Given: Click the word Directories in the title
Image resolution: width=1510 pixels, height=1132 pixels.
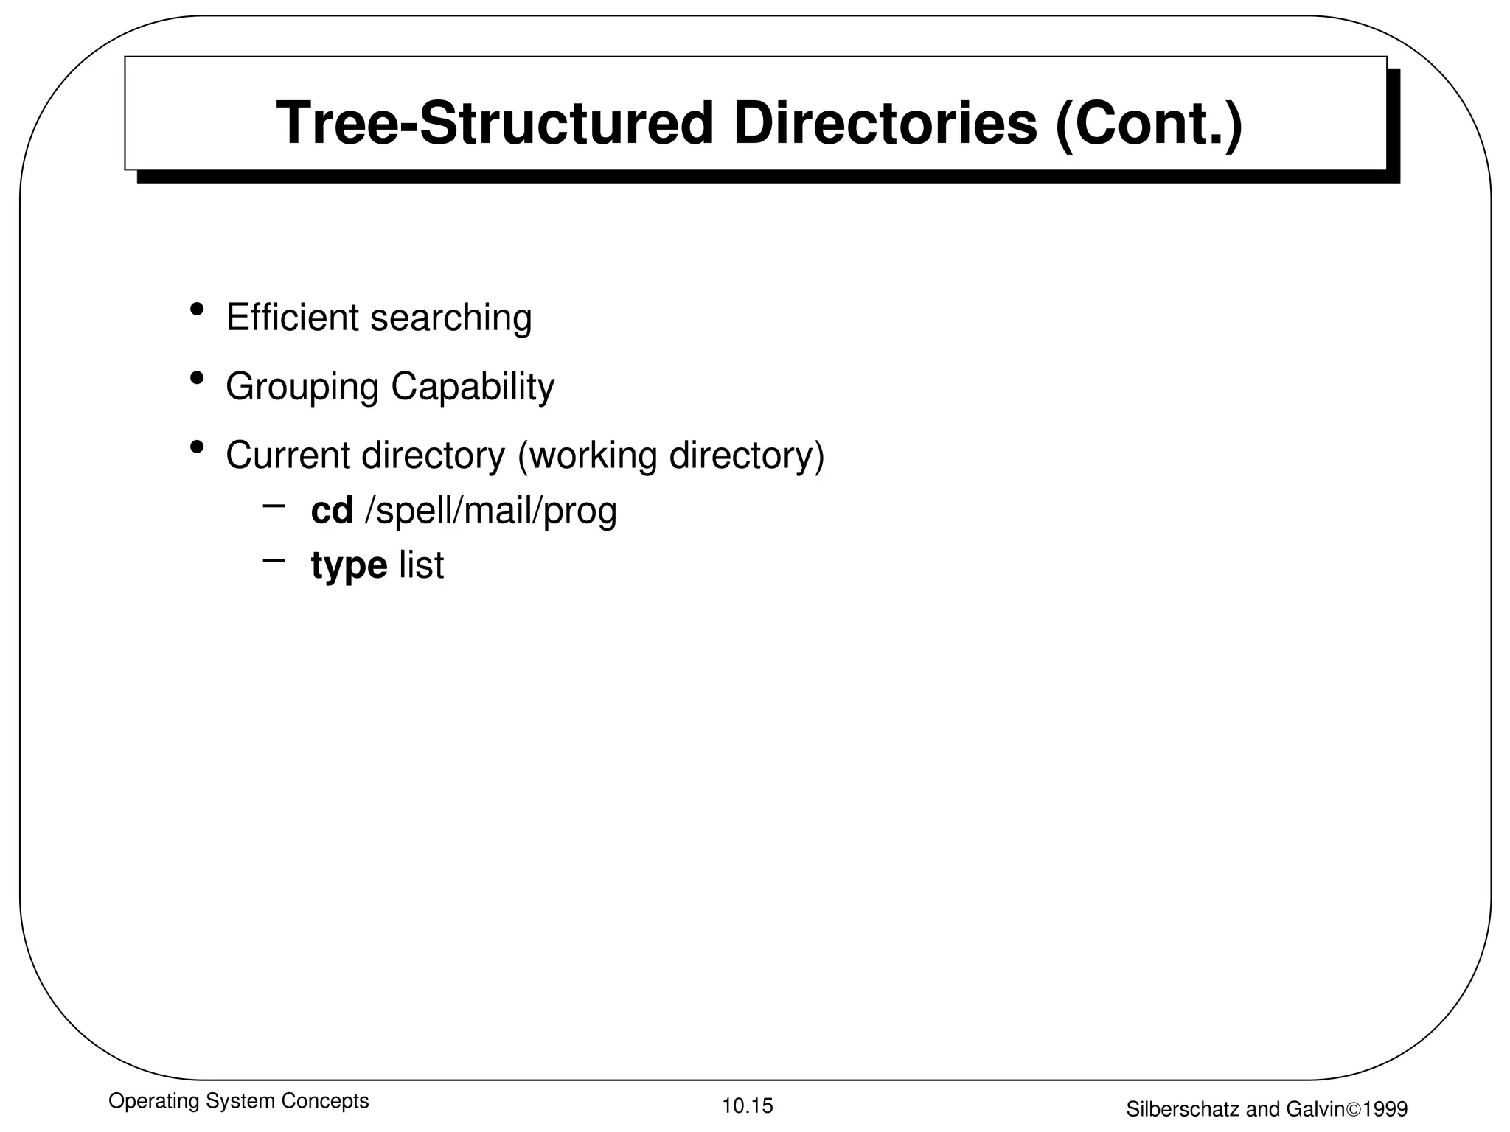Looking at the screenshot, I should (885, 123).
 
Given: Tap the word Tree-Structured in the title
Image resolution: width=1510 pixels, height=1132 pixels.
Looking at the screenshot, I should (495, 123).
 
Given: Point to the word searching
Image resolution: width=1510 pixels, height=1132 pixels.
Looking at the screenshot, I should (450, 319).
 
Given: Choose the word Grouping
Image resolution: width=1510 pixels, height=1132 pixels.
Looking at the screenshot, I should (302, 388).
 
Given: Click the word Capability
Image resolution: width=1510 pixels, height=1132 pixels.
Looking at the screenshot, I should (473, 388).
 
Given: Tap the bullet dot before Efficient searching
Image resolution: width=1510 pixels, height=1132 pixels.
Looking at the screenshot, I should (197, 309).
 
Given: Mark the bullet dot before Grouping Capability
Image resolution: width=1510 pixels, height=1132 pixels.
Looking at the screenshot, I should (197, 378).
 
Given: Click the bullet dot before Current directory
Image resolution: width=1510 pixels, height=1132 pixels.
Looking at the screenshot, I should (197, 447).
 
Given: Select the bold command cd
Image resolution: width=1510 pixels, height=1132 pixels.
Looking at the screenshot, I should (332, 510).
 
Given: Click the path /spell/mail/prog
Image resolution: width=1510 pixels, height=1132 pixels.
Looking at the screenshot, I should (491, 511).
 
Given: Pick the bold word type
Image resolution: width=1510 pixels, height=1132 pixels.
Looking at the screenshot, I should (349, 566).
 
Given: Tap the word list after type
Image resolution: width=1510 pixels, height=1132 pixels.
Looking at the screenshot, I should (422, 565).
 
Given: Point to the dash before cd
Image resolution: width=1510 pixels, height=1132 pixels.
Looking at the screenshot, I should (274, 506).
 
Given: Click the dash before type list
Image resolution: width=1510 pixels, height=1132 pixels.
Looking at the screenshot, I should (274, 560).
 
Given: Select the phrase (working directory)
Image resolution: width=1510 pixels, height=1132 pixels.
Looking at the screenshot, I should (671, 456).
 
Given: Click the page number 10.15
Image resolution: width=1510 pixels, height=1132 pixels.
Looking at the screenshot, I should (748, 1105).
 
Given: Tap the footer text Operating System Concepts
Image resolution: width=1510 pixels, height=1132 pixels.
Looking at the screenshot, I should (238, 1101).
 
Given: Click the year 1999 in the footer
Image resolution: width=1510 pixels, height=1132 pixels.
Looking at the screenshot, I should (1385, 1109).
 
